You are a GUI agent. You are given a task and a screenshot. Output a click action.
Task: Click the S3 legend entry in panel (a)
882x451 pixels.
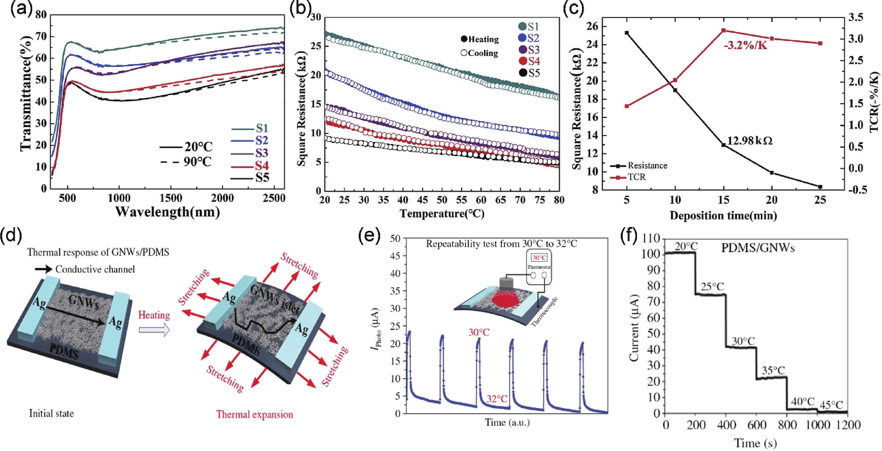pyautogui.click(x=262, y=153)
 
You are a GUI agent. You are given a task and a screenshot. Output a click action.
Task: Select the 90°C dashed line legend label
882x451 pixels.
pyautogui.click(x=198, y=161)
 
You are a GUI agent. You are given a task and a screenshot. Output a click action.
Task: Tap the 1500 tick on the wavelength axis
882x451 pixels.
pyautogui.click(x=171, y=198)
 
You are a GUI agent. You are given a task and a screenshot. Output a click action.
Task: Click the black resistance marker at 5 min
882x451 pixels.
pyautogui.click(x=627, y=33)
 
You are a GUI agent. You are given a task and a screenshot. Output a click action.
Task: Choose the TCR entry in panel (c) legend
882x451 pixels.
pyautogui.click(x=636, y=177)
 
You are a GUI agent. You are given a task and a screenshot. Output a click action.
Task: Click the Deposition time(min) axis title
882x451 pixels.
pyautogui.click(x=723, y=216)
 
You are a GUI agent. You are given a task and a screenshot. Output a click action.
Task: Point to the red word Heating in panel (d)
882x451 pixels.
pyautogui.click(x=154, y=315)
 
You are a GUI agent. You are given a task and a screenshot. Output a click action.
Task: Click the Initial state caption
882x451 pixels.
pyautogui.click(x=51, y=413)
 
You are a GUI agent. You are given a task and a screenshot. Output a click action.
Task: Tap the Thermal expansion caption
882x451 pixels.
pyautogui.click(x=255, y=414)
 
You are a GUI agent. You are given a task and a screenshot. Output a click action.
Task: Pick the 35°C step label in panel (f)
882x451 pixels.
pyautogui.click(x=773, y=371)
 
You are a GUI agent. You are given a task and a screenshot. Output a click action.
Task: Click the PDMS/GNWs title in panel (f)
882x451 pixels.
pyautogui.click(x=758, y=248)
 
